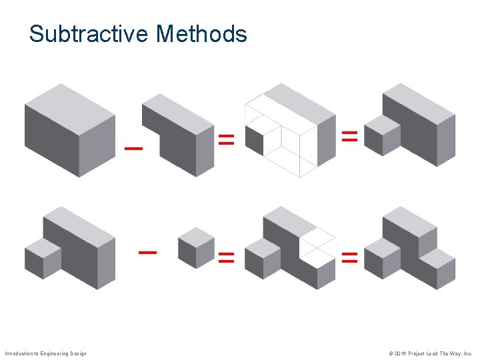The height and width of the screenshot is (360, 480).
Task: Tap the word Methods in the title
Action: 201,33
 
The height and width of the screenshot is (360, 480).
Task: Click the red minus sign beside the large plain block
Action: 134,148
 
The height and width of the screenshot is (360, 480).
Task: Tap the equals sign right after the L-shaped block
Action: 227,139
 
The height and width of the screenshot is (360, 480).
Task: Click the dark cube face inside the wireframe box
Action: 254,140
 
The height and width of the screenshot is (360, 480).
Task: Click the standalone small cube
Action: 196,247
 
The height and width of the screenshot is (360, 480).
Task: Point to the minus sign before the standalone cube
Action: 147,252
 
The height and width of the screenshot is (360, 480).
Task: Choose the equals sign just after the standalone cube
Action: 227,257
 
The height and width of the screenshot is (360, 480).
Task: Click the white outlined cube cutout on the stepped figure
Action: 317,247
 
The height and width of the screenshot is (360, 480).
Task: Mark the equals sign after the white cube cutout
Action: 349,257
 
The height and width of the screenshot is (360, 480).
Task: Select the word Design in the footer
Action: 78,353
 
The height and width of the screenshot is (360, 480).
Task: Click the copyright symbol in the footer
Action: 388,353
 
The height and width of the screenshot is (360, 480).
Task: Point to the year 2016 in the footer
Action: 397,353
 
